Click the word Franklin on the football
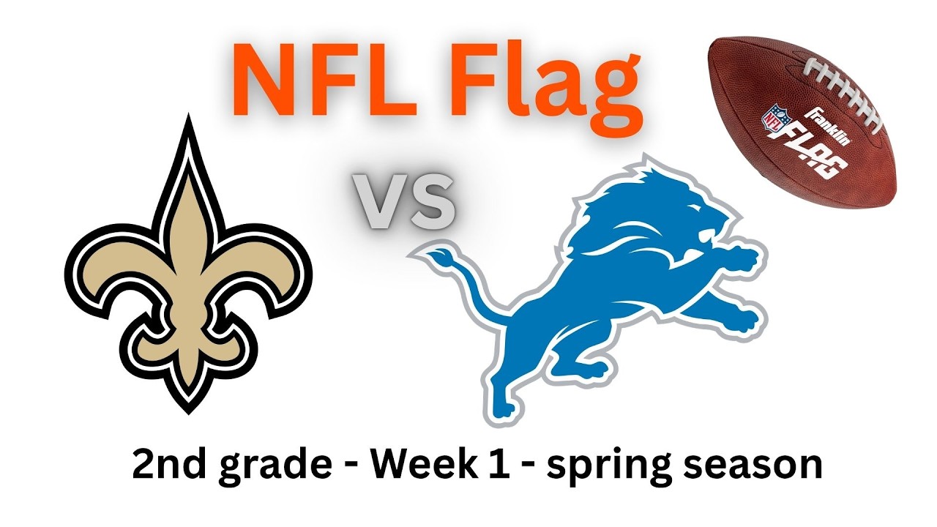(x=826, y=124)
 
